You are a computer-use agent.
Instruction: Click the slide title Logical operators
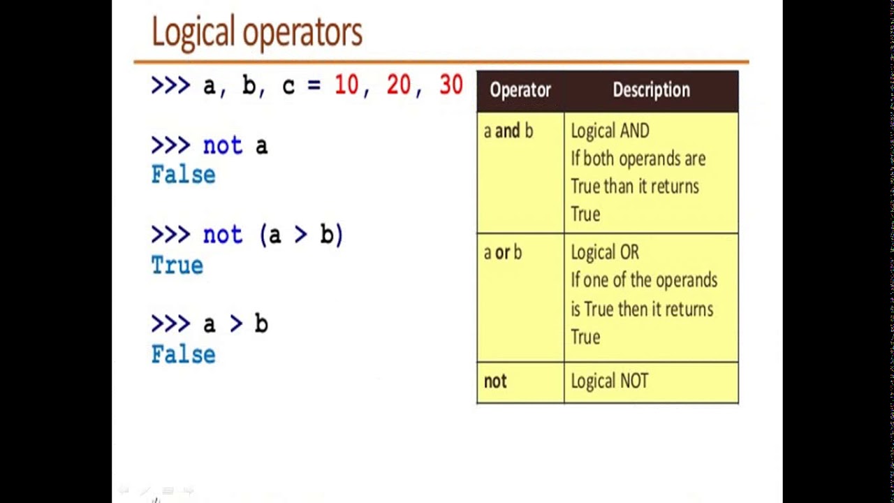coord(256,32)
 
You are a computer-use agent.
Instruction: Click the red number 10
coord(346,85)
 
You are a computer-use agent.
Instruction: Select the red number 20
coord(398,85)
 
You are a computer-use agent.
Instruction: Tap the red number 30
coord(450,85)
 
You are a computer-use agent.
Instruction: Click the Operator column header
coord(520,90)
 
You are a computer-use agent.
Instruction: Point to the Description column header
coord(651,90)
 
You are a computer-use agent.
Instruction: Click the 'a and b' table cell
coord(508,131)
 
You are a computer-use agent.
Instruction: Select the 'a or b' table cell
coord(503,253)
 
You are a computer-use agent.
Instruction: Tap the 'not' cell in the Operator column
coord(495,381)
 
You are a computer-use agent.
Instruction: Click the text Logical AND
coord(610,131)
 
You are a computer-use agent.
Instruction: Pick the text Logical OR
coord(605,253)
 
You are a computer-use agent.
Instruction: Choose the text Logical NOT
coord(610,381)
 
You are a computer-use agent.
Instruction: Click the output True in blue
coord(177,265)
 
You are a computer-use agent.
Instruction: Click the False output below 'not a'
coord(183,175)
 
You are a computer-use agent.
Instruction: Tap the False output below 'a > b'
coord(183,354)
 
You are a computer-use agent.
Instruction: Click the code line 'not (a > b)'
coord(272,235)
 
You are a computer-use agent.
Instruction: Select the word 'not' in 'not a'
coord(222,146)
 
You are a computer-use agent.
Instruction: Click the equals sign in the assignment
coord(314,86)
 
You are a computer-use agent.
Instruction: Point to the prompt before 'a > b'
coord(170,324)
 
